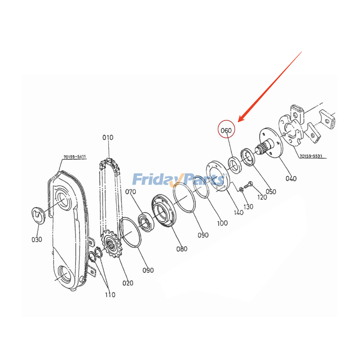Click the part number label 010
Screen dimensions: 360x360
[x=108, y=137]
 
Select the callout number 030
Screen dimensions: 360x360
[x=36, y=239]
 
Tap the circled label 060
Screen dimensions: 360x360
[x=225, y=130]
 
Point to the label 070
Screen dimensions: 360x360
[x=130, y=192]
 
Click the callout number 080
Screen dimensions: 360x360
[x=181, y=248]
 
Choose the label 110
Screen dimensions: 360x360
[x=110, y=295]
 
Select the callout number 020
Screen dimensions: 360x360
[x=128, y=283]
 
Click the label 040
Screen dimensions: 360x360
[x=291, y=178]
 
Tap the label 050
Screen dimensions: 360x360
[x=270, y=191]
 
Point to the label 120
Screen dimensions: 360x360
[x=261, y=197]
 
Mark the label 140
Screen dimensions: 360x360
[x=238, y=212]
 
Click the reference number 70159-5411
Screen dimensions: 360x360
[x=75, y=157]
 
